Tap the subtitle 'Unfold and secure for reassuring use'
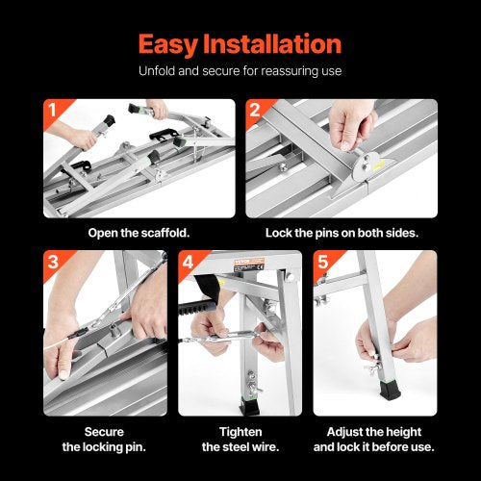pos(240,71)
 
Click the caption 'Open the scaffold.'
pos(139,233)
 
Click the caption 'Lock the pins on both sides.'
pos(341,233)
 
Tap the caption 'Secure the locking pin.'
pos(105,439)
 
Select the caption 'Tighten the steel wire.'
pos(240,439)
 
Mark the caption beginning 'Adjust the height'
pos(374,439)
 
